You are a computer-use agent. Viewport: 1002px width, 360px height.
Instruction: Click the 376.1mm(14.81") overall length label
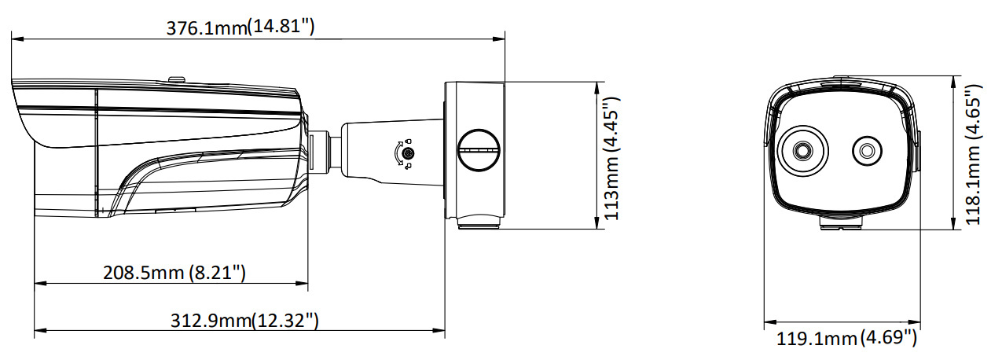pyautogui.click(x=240, y=27)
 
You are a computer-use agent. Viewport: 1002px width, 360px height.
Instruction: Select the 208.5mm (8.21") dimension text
pyautogui.click(x=174, y=273)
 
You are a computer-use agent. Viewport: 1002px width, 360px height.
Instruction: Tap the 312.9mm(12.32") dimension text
pyautogui.click(x=244, y=321)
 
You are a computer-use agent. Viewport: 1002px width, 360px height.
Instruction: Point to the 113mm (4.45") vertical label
pyautogui.click(x=611, y=158)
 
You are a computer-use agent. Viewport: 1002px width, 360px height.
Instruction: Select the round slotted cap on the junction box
pyautogui.click(x=479, y=149)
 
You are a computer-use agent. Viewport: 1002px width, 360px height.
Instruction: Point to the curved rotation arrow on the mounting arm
pyautogui.click(x=400, y=155)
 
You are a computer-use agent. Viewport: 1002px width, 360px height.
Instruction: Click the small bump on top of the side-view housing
pyautogui.click(x=177, y=78)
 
